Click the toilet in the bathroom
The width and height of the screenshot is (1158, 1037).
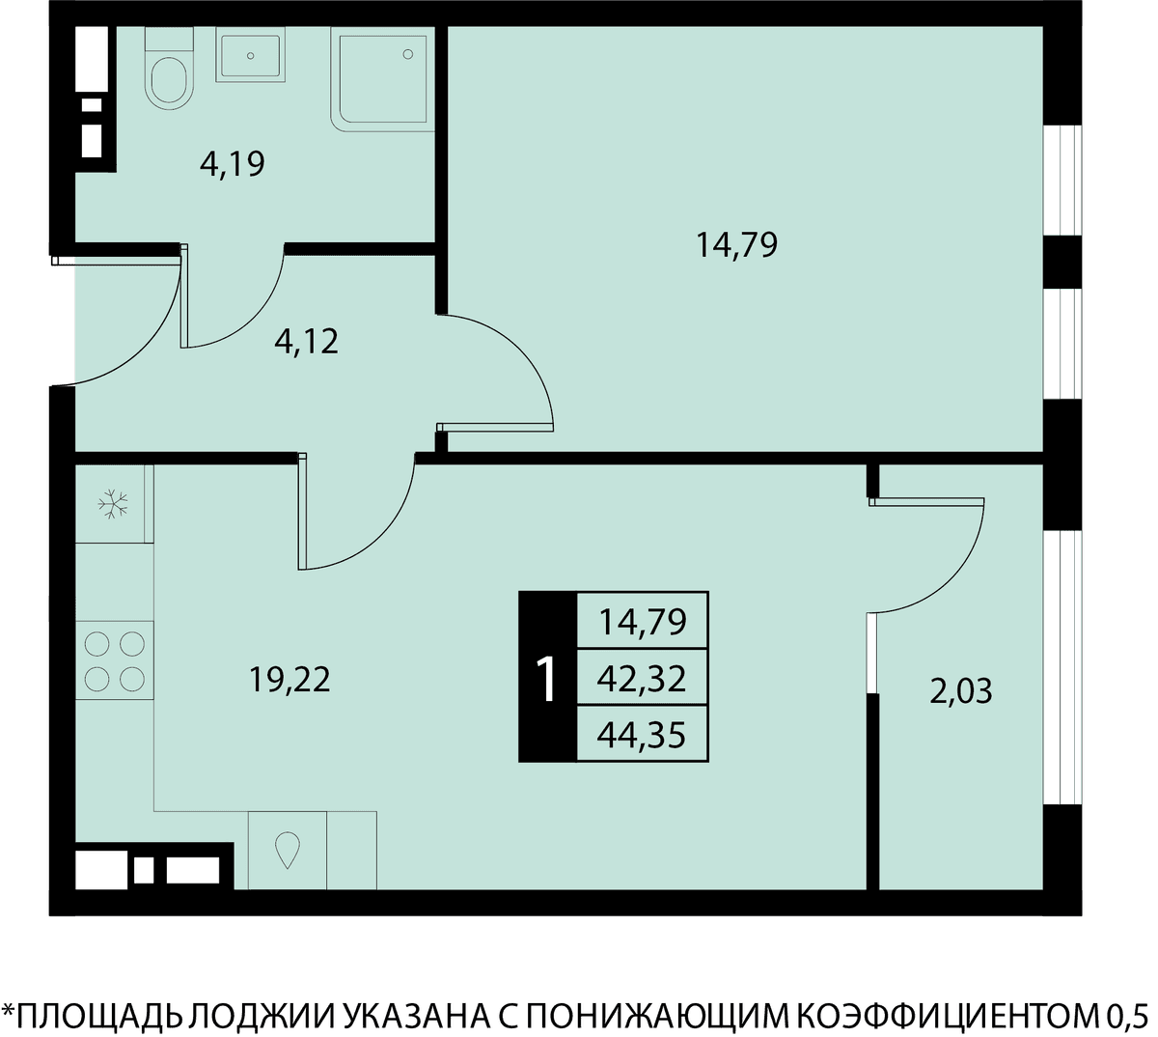[169, 69]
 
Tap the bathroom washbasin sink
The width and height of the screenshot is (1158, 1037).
[250, 55]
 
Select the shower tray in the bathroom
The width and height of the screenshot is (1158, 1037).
[382, 79]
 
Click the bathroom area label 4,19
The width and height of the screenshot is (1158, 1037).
[232, 164]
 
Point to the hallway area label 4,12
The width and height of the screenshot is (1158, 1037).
[306, 342]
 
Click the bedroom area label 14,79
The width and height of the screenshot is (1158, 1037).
[736, 245]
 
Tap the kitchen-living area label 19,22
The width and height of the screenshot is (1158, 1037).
[289, 680]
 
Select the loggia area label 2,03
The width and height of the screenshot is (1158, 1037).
[961, 691]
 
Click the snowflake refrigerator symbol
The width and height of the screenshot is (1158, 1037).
[113, 504]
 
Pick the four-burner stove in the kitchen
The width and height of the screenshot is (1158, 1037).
[114, 660]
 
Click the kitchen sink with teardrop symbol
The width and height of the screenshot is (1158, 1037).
[287, 850]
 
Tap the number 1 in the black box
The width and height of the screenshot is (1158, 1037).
[547, 680]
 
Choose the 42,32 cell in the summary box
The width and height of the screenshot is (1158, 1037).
[642, 680]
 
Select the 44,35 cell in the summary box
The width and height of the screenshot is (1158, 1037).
[642, 735]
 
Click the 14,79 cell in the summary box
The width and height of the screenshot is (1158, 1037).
[642, 623]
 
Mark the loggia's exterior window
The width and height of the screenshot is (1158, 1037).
[1062, 667]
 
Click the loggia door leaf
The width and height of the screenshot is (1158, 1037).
[926, 502]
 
